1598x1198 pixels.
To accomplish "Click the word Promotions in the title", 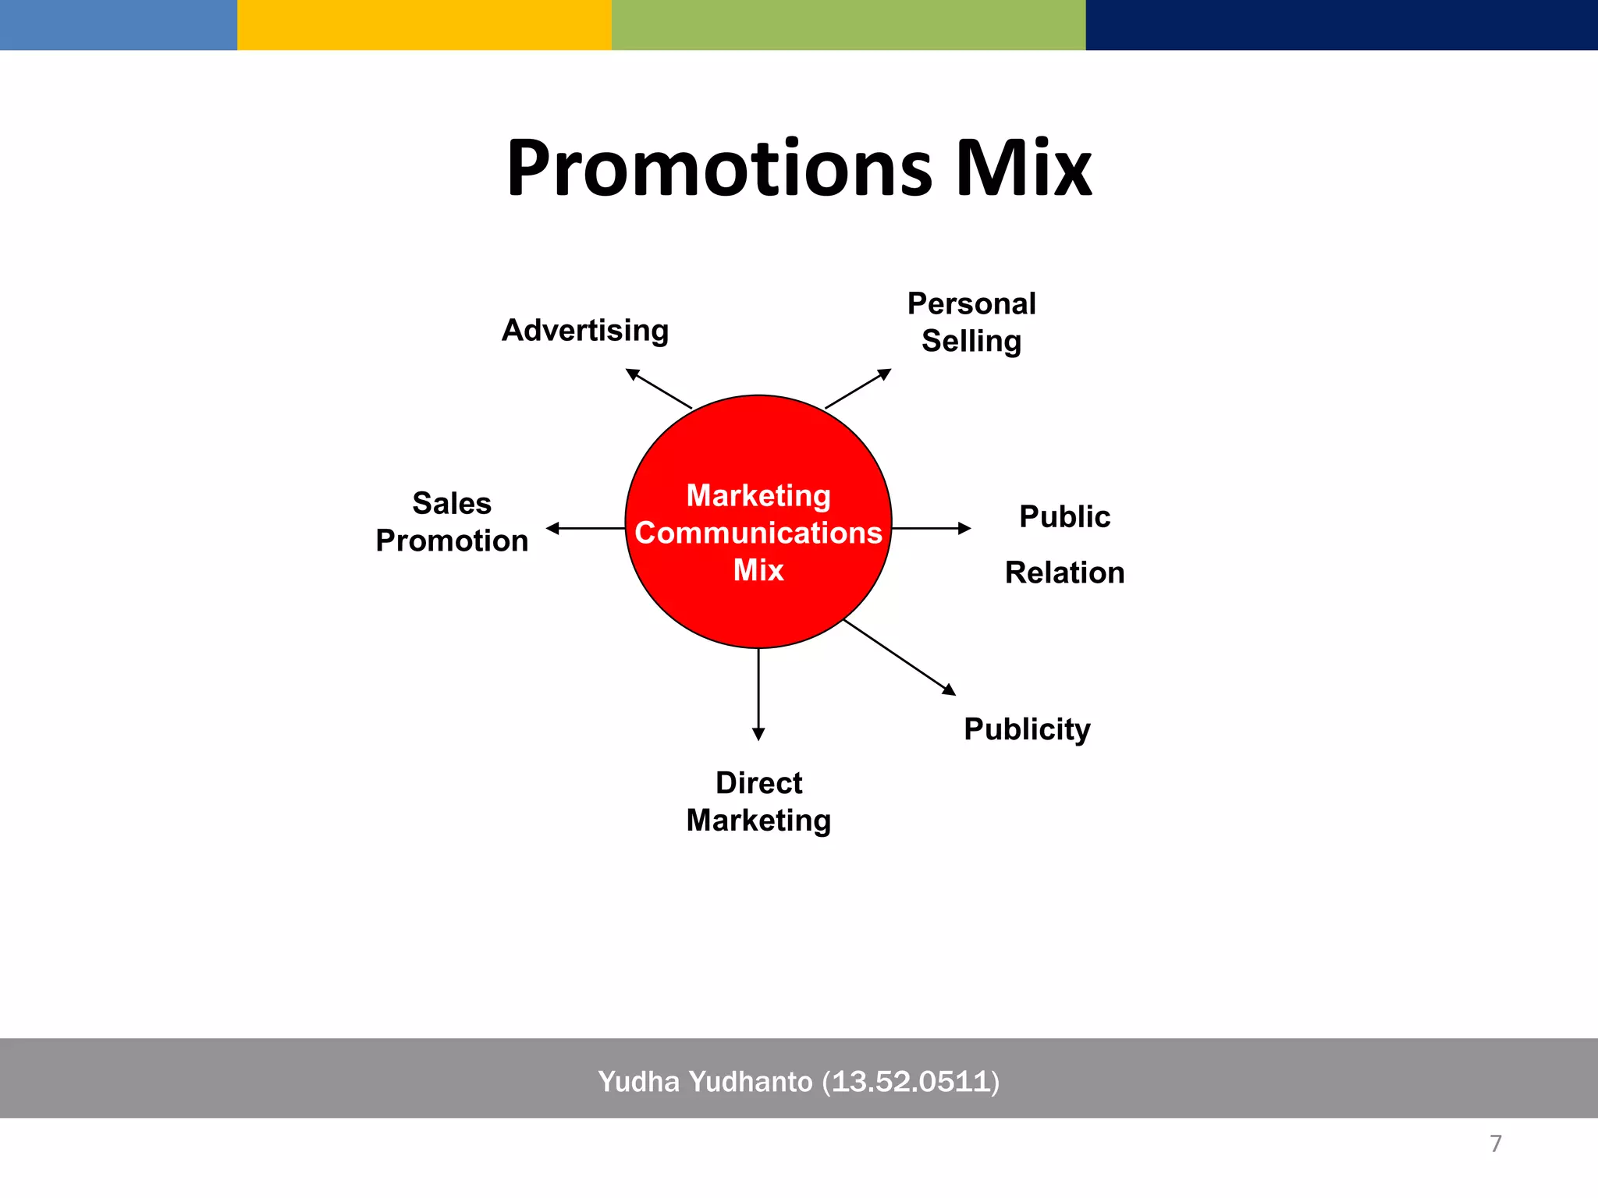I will (x=718, y=169).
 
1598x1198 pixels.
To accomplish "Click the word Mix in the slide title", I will (x=1024, y=169).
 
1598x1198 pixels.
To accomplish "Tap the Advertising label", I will (x=585, y=330).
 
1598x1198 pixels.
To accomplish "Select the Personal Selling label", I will (x=971, y=322).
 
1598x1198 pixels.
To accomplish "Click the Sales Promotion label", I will (x=452, y=522).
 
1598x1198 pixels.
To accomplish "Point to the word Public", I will (x=1064, y=516).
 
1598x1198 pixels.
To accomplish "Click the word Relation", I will (x=1064, y=572).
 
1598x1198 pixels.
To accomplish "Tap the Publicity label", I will (x=1027, y=729).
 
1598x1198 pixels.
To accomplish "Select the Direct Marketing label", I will (x=758, y=801).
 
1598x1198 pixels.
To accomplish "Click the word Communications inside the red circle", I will (x=758, y=533).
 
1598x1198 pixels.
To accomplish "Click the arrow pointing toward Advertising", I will (x=659, y=388).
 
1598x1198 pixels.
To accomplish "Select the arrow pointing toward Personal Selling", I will (x=858, y=388).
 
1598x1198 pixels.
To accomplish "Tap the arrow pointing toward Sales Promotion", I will (x=585, y=529).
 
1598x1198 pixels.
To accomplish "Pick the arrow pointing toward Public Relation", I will (x=932, y=529).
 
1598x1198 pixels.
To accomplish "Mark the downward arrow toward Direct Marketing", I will (x=758, y=694).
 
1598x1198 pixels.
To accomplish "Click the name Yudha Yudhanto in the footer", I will (x=705, y=1082).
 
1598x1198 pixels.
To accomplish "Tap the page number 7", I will (x=1495, y=1143).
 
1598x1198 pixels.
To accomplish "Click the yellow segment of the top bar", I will (x=424, y=25).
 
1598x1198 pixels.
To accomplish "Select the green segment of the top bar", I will (x=848, y=25).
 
